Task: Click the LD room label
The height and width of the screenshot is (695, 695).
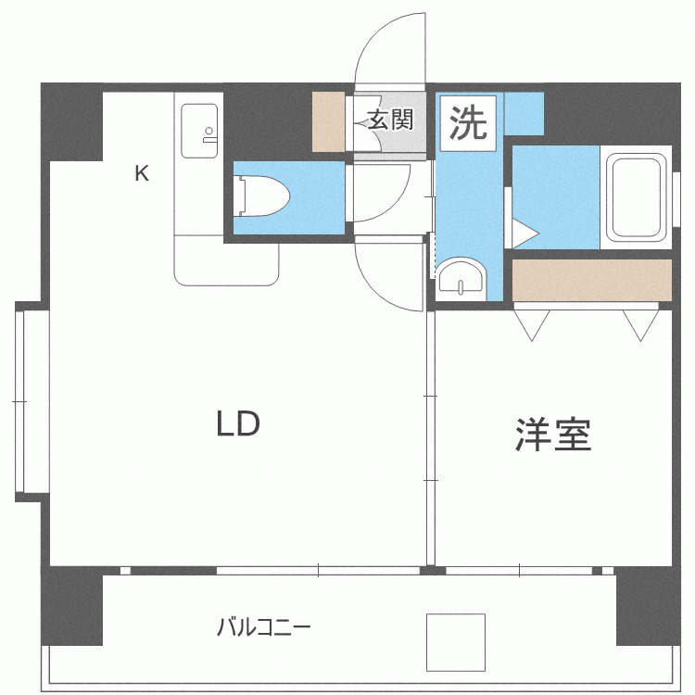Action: click(x=237, y=423)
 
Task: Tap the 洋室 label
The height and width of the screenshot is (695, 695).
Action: click(x=553, y=435)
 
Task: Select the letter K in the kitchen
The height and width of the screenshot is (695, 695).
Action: click(x=142, y=173)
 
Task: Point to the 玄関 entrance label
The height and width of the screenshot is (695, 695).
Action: click(x=390, y=120)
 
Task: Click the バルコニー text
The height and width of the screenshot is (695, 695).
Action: click(x=264, y=627)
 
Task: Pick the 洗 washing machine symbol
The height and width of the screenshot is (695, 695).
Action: click(x=468, y=123)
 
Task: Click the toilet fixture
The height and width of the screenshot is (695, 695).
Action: click(x=261, y=196)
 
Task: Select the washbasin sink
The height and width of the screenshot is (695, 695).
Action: click(x=461, y=278)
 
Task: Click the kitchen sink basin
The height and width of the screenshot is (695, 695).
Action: click(x=199, y=131)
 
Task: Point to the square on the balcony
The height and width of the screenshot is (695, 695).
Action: click(x=456, y=642)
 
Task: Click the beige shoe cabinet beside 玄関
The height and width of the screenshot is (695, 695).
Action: click(x=329, y=121)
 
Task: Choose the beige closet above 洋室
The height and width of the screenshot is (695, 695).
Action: click(x=592, y=280)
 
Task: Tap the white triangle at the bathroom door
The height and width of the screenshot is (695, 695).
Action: click(x=524, y=233)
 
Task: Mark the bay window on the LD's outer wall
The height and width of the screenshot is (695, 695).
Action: click(x=32, y=401)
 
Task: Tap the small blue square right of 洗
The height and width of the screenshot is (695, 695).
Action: click(x=524, y=113)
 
